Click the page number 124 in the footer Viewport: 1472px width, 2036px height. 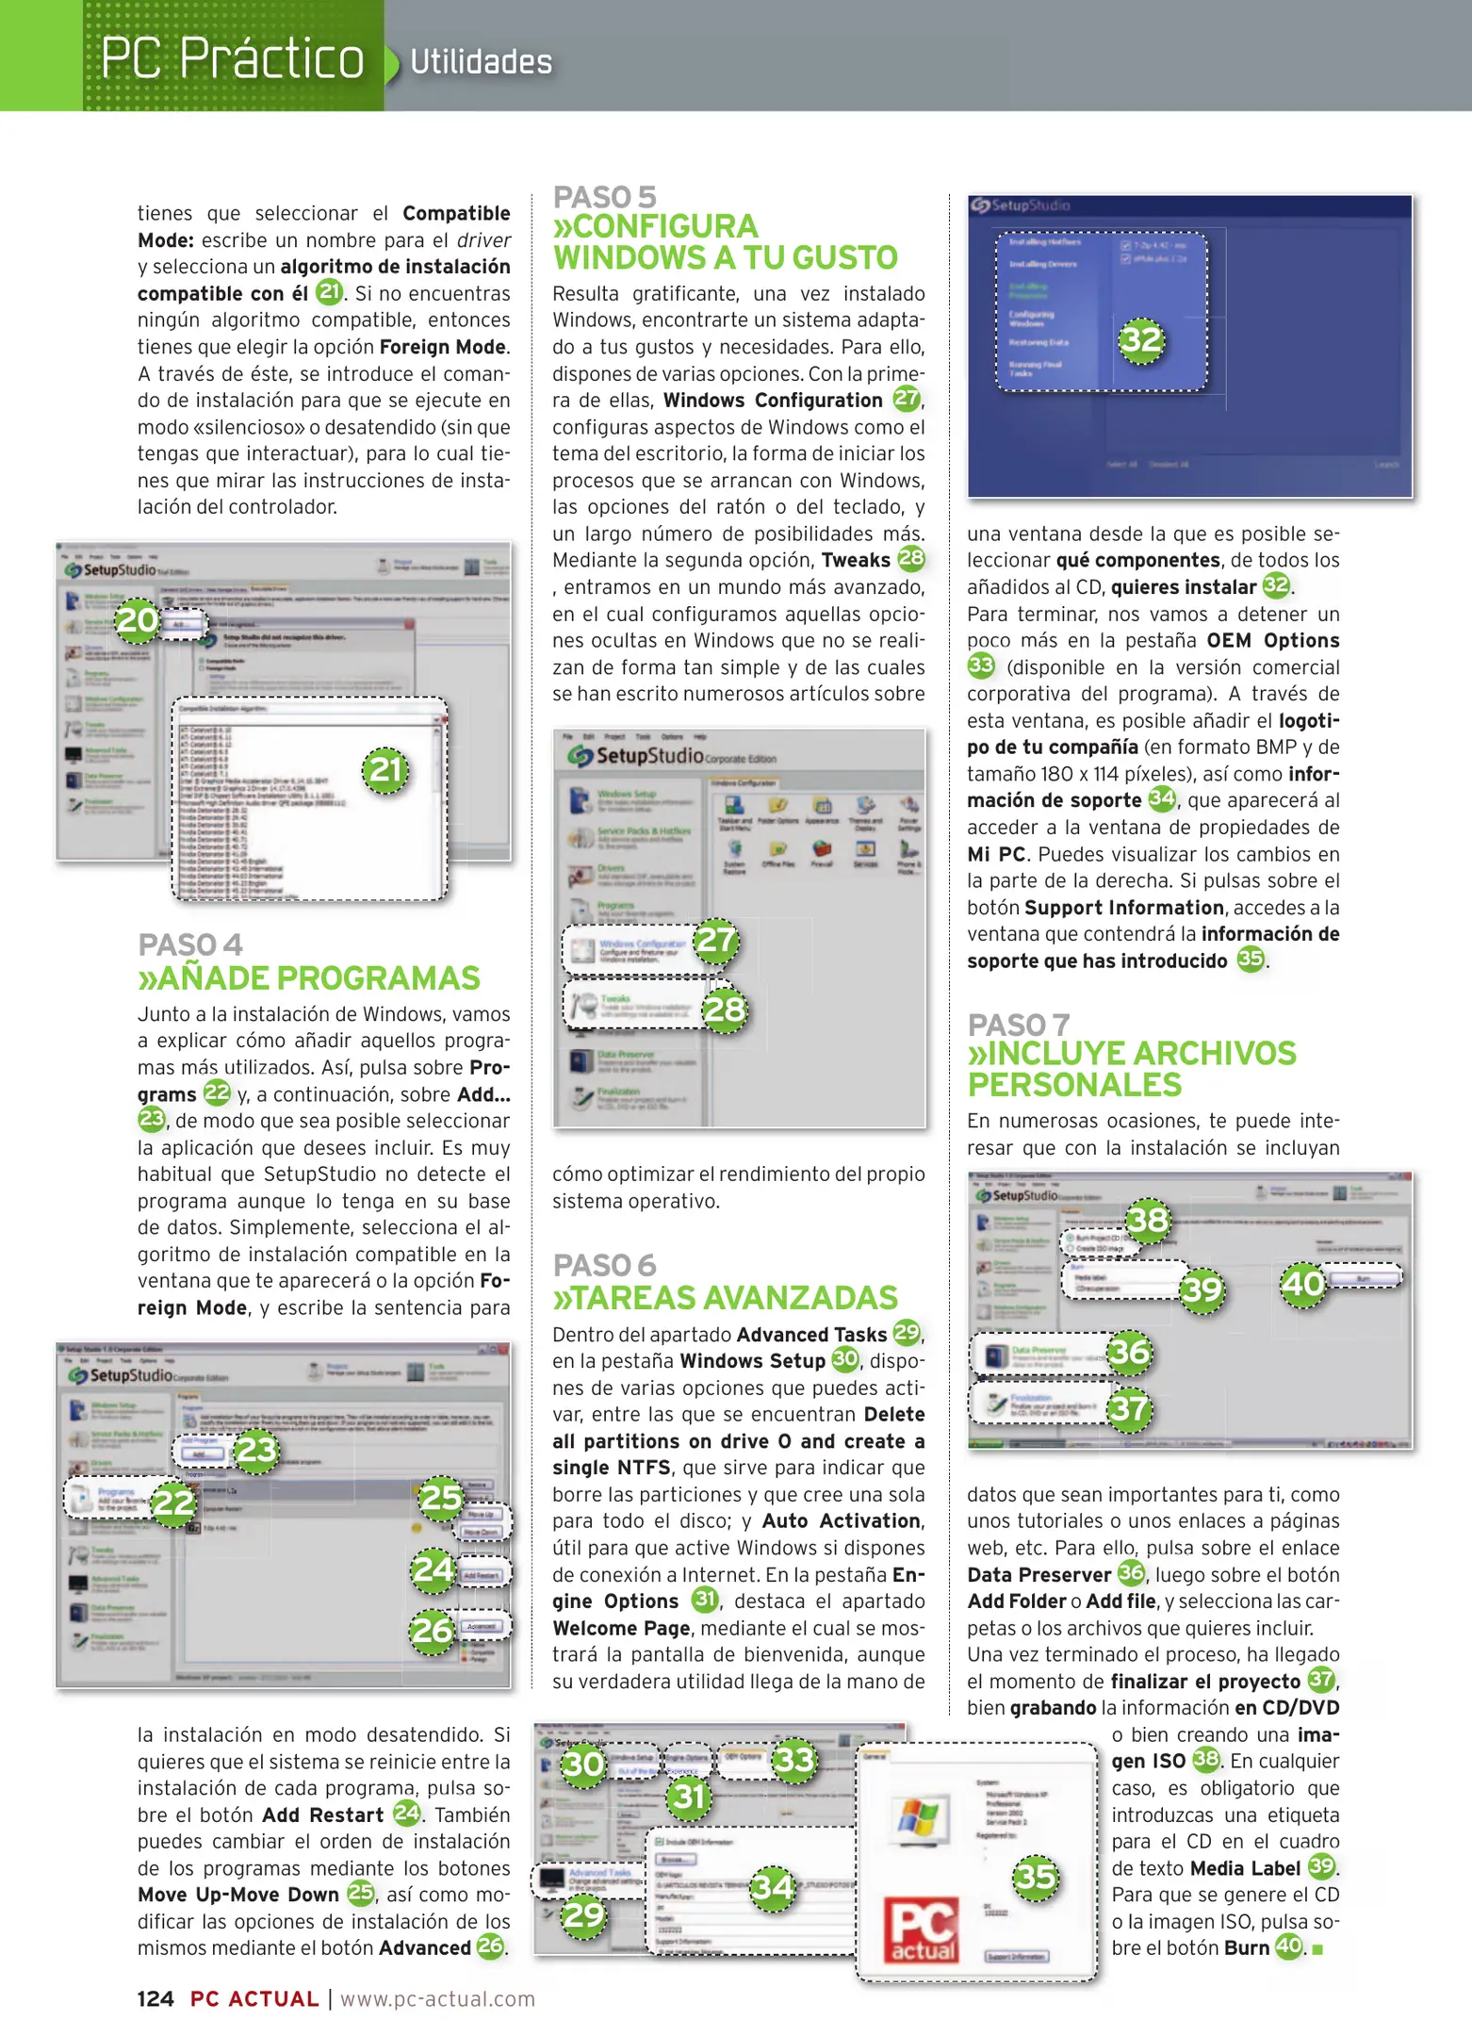click(x=155, y=1999)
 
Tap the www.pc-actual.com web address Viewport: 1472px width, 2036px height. click(x=437, y=1999)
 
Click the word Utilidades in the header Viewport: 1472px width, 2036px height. click(x=481, y=62)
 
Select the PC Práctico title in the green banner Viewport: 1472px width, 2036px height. click(x=232, y=58)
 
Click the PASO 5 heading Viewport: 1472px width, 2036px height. click(x=604, y=197)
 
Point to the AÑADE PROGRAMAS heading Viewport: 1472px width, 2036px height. click(x=319, y=978)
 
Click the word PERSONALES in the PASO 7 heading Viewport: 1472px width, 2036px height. click(x=1074, y=1085)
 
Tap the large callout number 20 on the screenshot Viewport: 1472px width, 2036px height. click(x=138, y=619)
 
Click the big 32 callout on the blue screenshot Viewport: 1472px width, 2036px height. click(x=1141, y=339)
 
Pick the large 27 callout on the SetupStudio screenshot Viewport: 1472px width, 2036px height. click(x=715, y=940)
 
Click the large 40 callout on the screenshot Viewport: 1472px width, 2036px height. click(x=1303, y=1283)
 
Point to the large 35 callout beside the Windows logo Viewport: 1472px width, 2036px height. click(x=1036, y=1877)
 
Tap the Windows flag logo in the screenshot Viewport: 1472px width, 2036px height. click(x=918, y=1818)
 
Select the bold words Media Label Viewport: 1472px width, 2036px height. click(x=1245, y=1868)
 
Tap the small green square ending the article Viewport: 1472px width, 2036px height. click(x=1317, y=1949)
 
